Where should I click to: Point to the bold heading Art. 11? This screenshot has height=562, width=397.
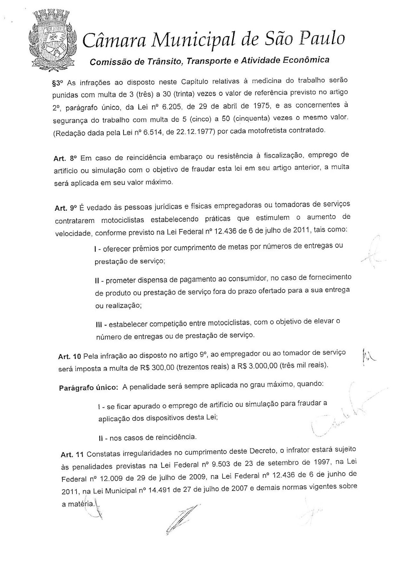tap(72, 454)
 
